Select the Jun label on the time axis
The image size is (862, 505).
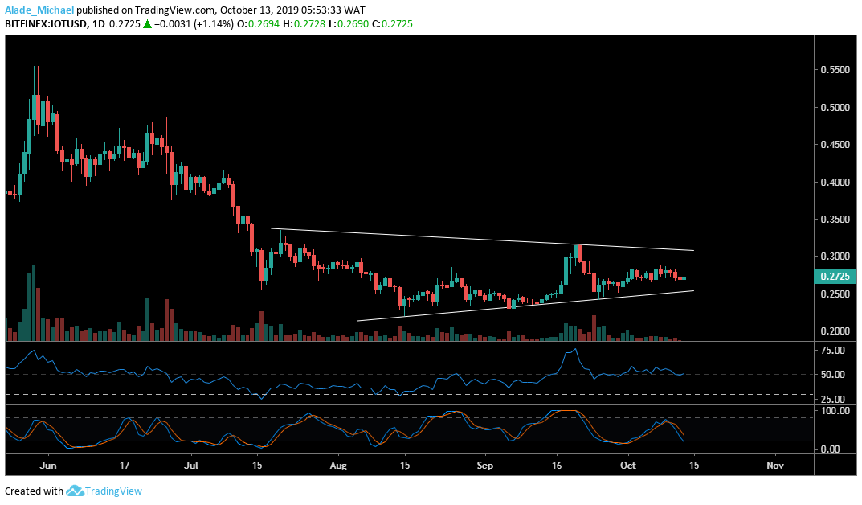[48, 465]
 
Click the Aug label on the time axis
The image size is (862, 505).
[339, 465]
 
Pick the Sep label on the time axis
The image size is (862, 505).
[484, 465]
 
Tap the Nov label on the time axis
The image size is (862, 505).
[774, 465]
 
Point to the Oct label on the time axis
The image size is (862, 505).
[628, 465]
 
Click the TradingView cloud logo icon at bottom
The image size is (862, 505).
[76, 491]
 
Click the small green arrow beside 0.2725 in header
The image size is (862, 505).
[148, 25]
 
